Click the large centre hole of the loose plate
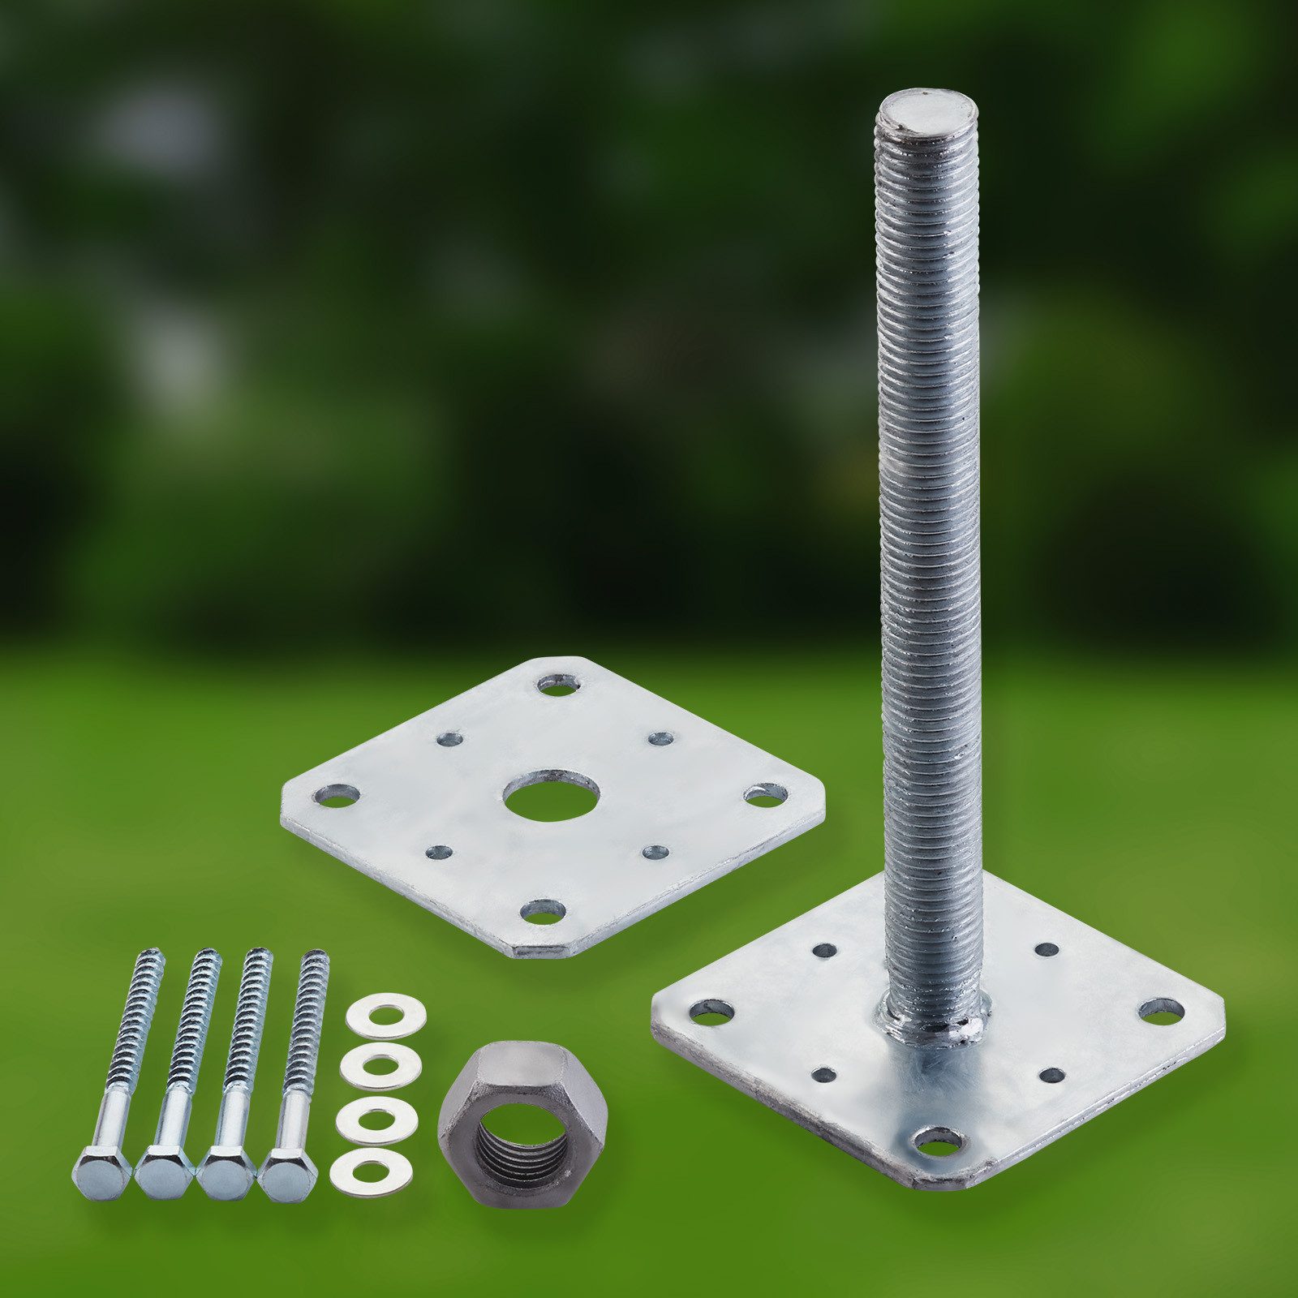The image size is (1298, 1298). pyautogui.click(x=551, y=795)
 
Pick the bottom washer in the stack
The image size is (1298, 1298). pyautogui.click(x=371, y=1170)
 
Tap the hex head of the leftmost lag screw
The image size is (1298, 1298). pyautogui.click(x=102, y=1172)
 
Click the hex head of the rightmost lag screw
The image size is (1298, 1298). pyautogui.click(x=287, y=1172)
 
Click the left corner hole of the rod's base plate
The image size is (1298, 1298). pyautogui.click(x=711, y=1011)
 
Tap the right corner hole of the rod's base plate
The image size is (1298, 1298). pyautogui.click(x=1161, y=1010)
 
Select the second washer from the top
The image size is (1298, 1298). pyautogui.click(x=376, y=1066)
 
